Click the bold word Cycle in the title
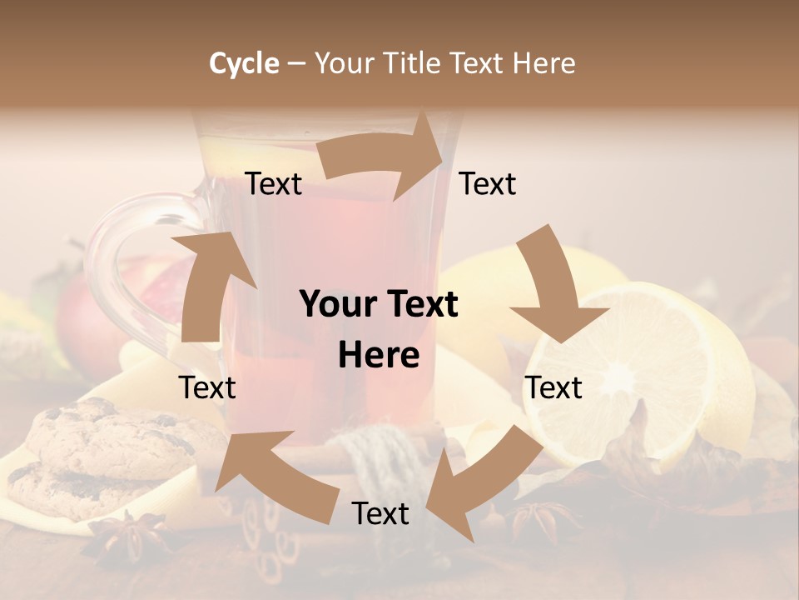point(244,63)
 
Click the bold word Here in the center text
point(378,356)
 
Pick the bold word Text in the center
point(419,305)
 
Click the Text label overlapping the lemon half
point(553,387)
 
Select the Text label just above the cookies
point(207,387)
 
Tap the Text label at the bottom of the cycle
point(380,513)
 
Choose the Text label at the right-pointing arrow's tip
point(488,183)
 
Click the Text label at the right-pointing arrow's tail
point(273,183)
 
